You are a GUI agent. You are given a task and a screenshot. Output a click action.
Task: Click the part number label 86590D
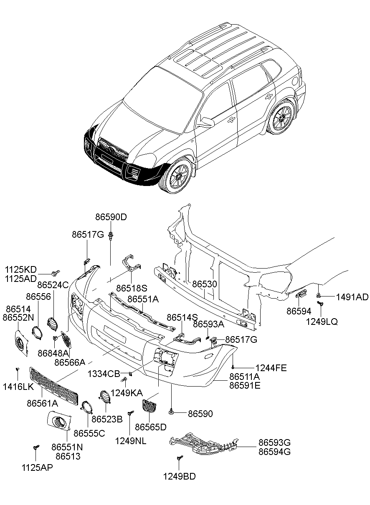coord(111,217)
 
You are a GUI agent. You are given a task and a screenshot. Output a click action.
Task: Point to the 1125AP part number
coord(37,467)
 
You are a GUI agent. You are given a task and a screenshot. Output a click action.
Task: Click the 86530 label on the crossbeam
coord(205,284)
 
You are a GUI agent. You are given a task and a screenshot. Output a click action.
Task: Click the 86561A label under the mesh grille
coord(42,403)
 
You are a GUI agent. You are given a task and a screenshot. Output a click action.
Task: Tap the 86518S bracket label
coord(132,288)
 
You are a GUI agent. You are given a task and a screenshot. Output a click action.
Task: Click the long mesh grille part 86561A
coord(54,385)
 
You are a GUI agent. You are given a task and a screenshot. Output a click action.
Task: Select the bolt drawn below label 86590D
coord(111,237)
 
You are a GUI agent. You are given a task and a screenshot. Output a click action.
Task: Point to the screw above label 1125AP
coord(36,448)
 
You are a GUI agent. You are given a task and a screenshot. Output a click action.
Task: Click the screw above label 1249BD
coord(180,458)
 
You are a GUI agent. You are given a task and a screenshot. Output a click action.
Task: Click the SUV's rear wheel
coord(281,118)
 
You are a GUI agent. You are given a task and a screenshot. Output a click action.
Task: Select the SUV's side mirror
coord(206,122)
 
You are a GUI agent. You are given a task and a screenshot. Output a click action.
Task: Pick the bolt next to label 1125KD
coord(55,273)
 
